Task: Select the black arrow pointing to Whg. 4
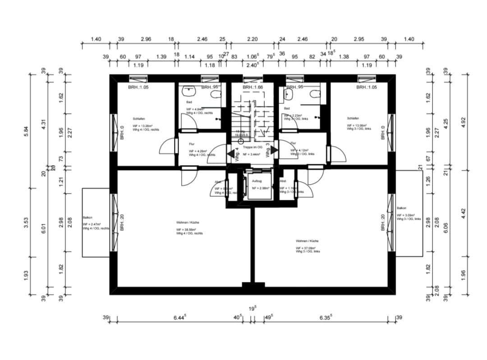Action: [x=231, y=154]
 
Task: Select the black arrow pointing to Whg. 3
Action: [x=274, y=149]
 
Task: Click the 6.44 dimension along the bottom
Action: [x=180, y=318]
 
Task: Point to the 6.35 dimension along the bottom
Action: [x=324, y=318]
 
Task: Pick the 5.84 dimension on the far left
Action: [x=26, y=131]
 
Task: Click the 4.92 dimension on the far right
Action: [x=463, y=122]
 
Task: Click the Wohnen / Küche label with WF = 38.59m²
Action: [x=188, y=222]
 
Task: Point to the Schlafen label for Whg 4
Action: [x=138, y=119]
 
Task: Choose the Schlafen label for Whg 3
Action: [x=353, y=118]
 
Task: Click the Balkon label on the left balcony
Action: [x=87, y=217]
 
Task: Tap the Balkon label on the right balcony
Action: [x=401, y=208]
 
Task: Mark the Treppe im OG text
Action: [x=252, y=148]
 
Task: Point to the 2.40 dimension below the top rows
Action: [x=252, y=65]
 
